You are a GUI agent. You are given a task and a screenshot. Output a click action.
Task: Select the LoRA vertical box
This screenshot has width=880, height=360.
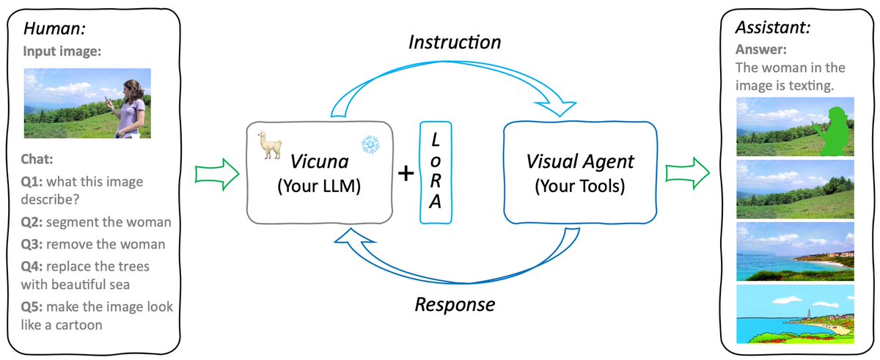[x=436, y=172]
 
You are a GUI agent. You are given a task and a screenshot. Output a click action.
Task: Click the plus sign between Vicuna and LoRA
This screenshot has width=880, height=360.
[x=405, y=174]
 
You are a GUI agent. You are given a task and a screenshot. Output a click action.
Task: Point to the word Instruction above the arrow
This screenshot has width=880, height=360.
[x=454, y=43]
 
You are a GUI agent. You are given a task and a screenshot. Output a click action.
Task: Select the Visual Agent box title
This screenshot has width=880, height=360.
[x=580, y=161]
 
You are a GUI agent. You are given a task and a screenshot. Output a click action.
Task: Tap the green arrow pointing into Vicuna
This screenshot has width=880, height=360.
[x=217, y=175]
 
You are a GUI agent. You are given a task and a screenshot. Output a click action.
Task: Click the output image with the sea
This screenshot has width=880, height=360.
[x=795, y=251]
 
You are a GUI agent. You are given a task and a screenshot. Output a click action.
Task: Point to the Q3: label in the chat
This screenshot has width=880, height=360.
[x=34, y=243]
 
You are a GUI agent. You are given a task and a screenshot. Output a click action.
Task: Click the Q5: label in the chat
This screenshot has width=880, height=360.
[x=34, y=306]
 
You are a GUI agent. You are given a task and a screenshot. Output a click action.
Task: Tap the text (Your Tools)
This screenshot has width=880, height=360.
[x=580, y=186]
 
